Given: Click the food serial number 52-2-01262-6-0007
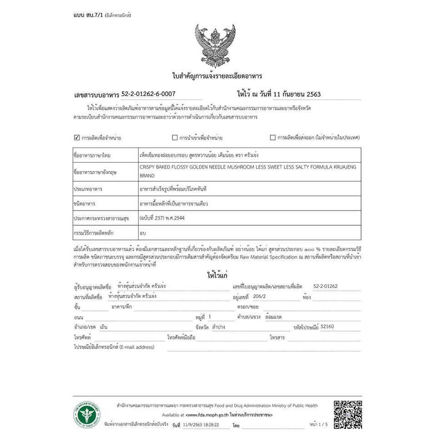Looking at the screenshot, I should [148, 94].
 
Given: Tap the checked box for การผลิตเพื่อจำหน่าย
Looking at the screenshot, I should [76, 137].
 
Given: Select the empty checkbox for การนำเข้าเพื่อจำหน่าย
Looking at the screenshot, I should [175, 138].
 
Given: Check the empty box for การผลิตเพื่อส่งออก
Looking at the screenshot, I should [273, 138].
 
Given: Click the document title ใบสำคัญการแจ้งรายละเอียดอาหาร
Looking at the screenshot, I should [217, 76].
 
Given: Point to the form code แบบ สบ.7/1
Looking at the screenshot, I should [88, 15].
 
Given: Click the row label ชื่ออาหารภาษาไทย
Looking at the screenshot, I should [92, 155].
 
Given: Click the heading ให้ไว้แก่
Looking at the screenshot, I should [217, 275].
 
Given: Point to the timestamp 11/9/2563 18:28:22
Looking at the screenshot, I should [201, 426].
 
